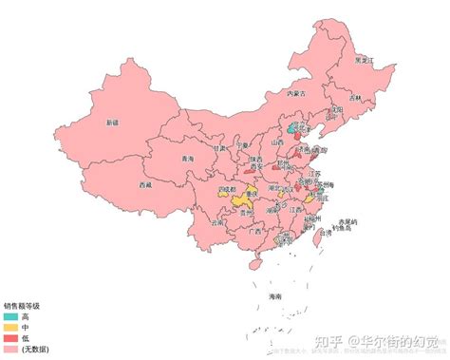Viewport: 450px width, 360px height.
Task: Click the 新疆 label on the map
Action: (x=112, y=123)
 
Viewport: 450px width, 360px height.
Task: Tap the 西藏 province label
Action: (x=144, y=184)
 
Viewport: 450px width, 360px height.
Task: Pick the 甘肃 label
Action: (x=220, y=148)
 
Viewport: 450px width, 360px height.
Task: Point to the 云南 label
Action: (x=217, y=223)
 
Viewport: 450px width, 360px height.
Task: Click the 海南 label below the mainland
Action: (x=276, y=296)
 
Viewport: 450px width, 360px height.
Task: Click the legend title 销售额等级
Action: (x=22, y=306)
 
